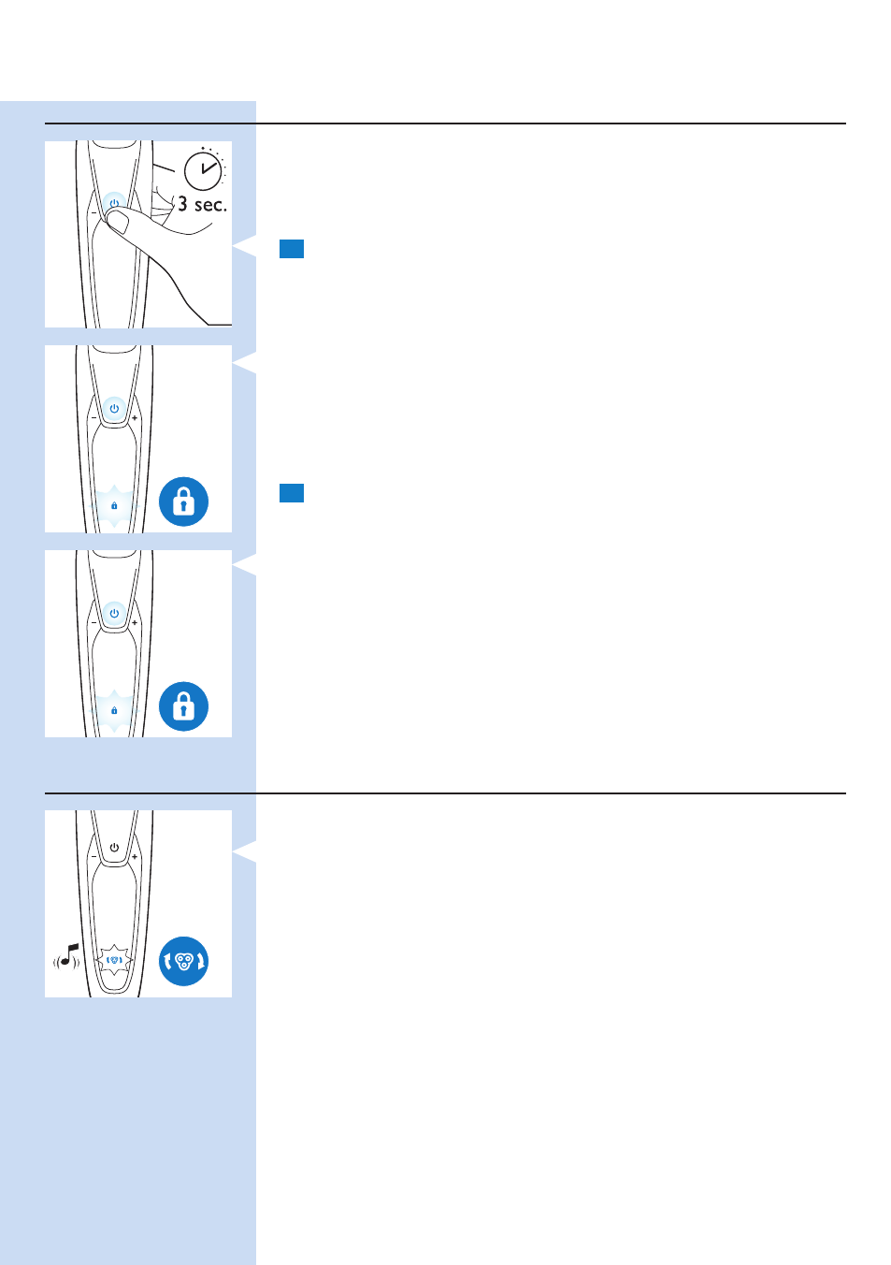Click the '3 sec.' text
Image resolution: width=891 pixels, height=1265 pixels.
pos(203,204)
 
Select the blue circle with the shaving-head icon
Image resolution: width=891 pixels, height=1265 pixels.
pos(183,961)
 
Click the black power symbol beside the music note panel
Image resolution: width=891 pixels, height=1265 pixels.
pos(115,848)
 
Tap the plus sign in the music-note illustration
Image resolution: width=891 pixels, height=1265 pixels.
pos(135,857)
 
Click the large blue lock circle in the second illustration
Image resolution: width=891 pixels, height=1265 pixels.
pos(183,502)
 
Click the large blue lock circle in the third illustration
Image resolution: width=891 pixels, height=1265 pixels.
pos(183,706)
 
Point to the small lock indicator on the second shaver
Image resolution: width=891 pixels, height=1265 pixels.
pos(114,506)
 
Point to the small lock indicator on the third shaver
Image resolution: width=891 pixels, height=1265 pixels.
pos(114,710)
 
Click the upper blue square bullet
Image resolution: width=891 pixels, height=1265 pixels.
pos(292,249)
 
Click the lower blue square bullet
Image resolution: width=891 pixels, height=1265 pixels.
pos(292,493)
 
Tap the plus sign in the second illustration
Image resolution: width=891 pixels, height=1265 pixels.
pos(135,418)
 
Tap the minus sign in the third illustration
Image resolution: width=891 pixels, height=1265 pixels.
pos(93,623)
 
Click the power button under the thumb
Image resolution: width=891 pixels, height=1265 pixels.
pos(115,202)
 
